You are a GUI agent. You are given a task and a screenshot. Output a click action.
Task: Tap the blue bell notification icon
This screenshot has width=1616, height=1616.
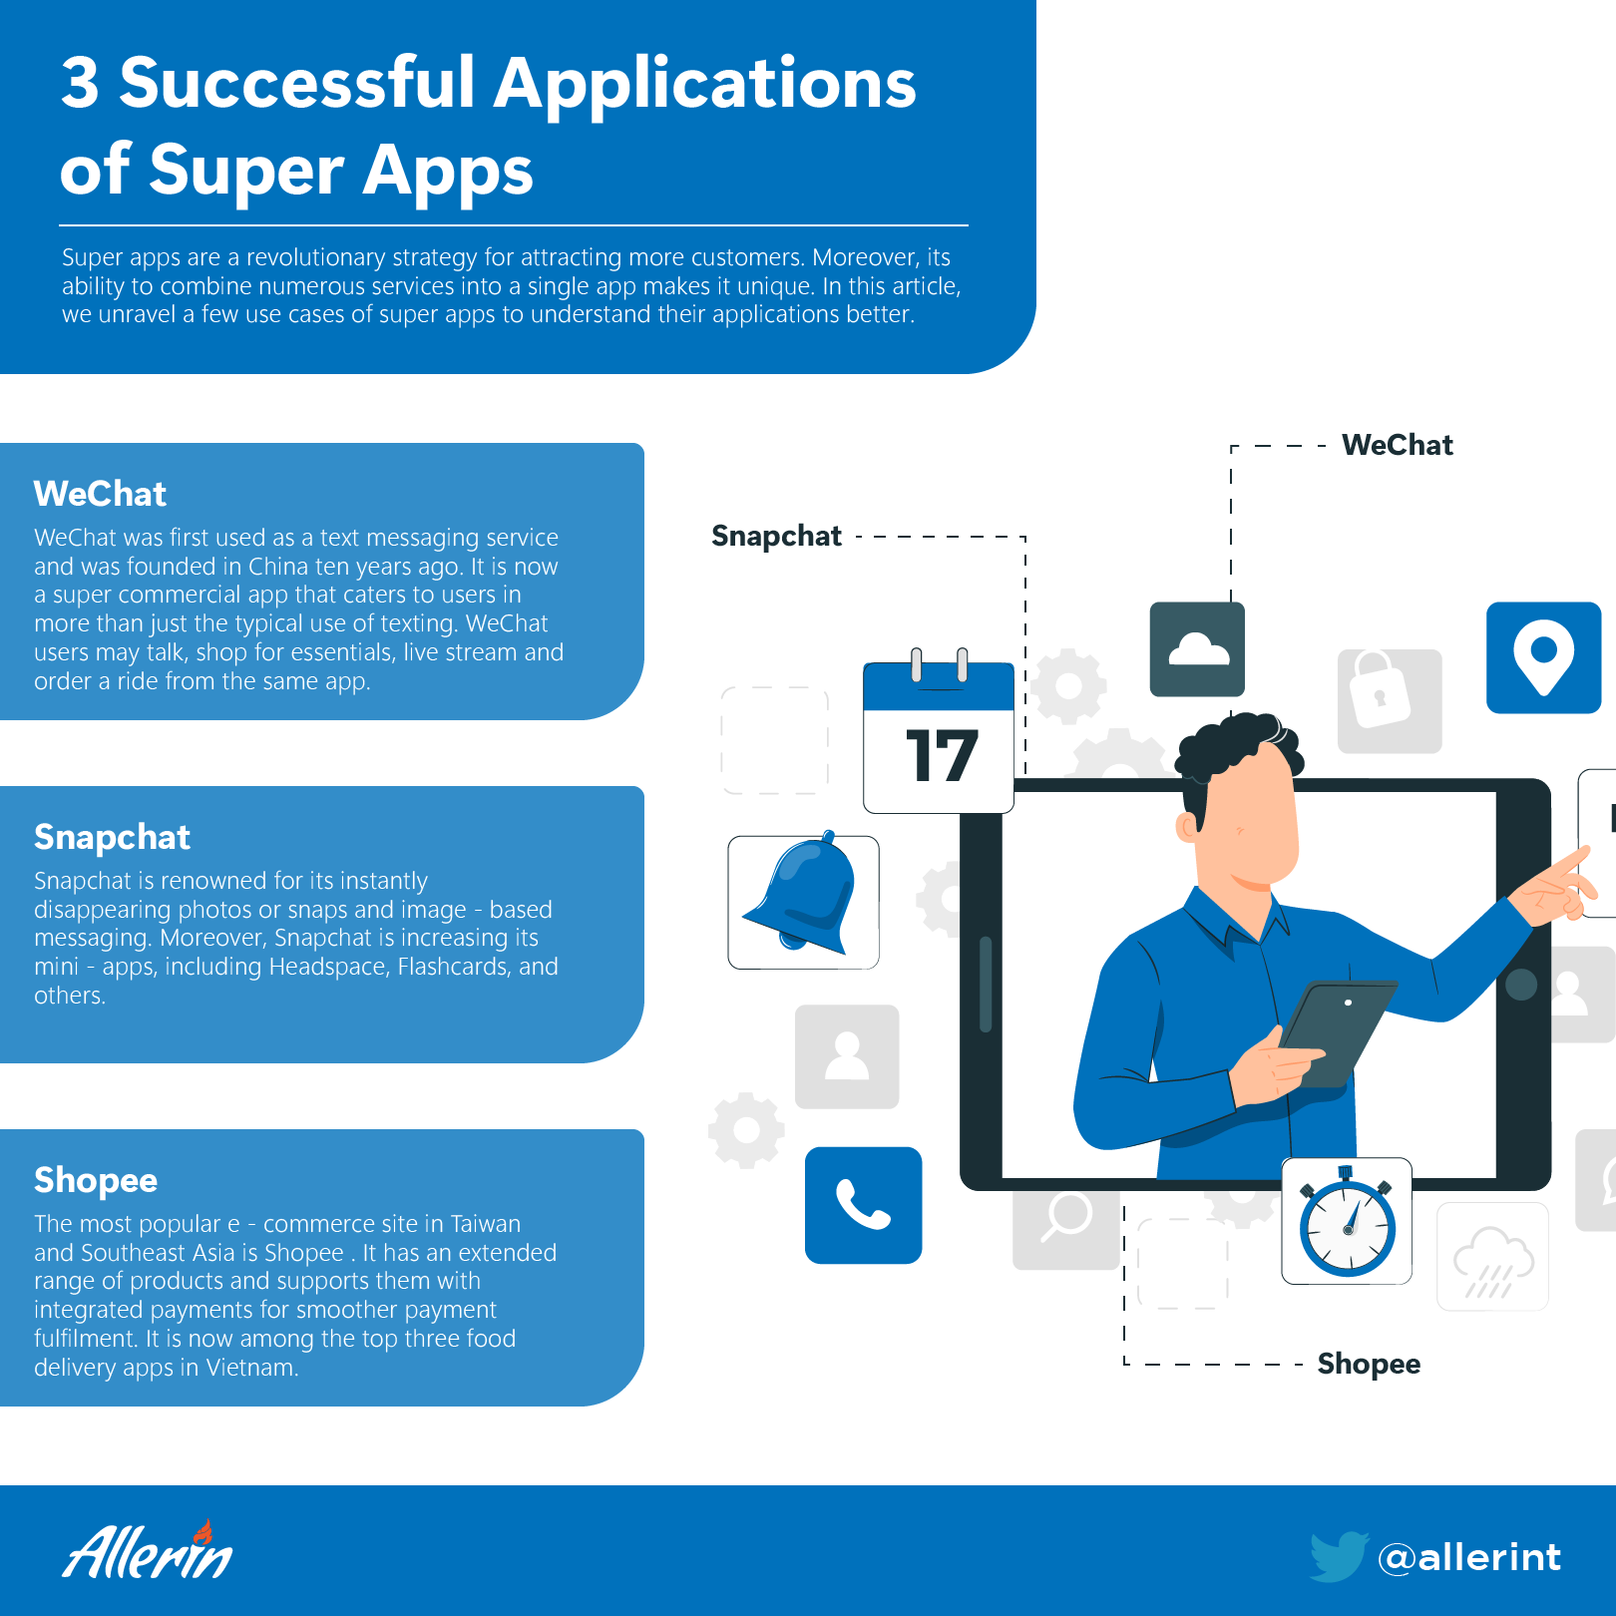tap(803, 902)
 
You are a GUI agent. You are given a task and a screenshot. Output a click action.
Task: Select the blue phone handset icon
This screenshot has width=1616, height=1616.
tap(864, 1205)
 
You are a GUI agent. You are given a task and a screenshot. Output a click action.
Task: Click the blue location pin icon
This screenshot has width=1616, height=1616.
tap(1543, 657)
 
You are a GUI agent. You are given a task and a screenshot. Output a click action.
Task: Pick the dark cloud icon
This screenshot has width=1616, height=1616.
tap(1197, 649)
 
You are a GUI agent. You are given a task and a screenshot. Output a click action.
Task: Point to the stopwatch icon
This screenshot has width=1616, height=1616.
tap(1347, 1221)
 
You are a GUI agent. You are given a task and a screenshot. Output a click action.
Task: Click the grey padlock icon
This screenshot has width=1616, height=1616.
tap(1389, 700)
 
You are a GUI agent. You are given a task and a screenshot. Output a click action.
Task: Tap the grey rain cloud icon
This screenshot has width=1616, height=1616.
tap(1492, 1257)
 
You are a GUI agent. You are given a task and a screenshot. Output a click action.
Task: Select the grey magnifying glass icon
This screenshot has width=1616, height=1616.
tap(1065, 1219)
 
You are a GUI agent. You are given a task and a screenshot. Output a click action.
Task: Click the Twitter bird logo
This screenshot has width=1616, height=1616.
tap(1339, 1556)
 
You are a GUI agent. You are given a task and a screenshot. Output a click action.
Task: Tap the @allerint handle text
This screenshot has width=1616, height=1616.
tap(1469, 1557)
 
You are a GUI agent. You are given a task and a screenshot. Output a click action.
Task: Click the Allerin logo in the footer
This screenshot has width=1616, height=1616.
tap(148, 1550)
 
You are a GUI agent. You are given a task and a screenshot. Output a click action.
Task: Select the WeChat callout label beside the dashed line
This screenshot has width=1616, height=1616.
tap(1398, 445)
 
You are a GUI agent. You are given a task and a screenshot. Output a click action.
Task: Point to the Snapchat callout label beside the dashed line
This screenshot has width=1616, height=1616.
tap(776, 537)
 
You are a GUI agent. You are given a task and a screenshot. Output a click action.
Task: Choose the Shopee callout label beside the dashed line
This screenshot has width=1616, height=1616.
tap(1369, 1365)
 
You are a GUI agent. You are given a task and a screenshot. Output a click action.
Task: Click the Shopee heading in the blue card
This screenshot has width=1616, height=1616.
tap(96, 1181)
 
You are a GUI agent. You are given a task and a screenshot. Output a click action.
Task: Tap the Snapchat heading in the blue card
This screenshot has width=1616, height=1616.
tap(112, 838)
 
